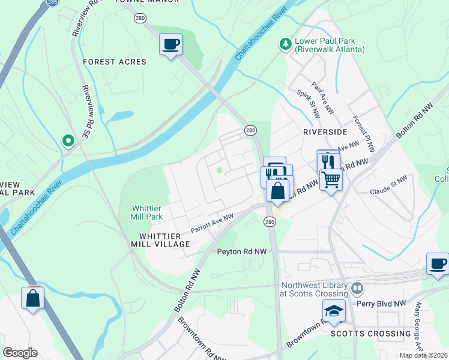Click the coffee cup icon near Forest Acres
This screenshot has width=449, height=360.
tap(170, 44)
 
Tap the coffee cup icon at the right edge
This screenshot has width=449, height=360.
tap(438, 263)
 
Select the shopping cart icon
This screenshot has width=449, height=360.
tap(331, 178)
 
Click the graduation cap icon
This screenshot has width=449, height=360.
tap(333, 310)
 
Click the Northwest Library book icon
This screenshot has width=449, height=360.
tap(357, 289)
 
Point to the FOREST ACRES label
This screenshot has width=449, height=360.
tap(114, 62)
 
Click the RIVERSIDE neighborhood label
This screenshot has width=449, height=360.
tap(325, 131)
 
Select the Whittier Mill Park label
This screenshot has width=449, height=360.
tap(147, 212)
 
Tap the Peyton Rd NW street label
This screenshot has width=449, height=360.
tap(241, 252)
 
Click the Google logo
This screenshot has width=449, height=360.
tap(20, 353)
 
